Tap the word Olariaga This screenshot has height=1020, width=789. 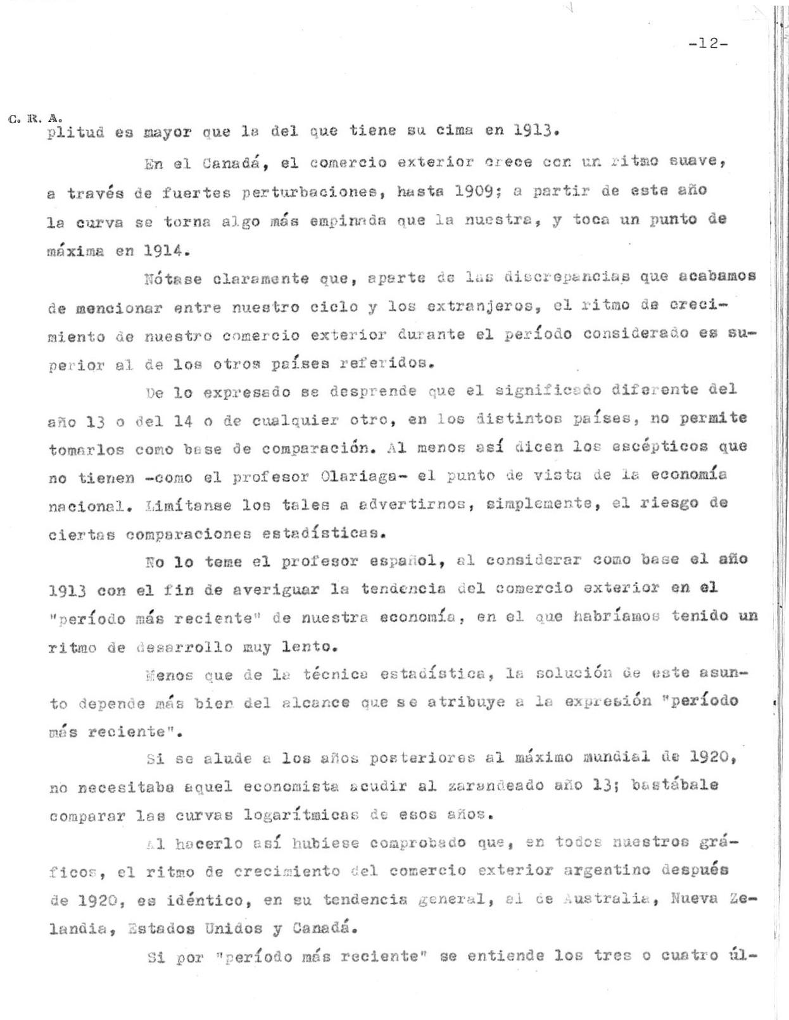tap(362, 476)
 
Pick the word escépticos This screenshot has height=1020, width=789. tap(660, 447)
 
